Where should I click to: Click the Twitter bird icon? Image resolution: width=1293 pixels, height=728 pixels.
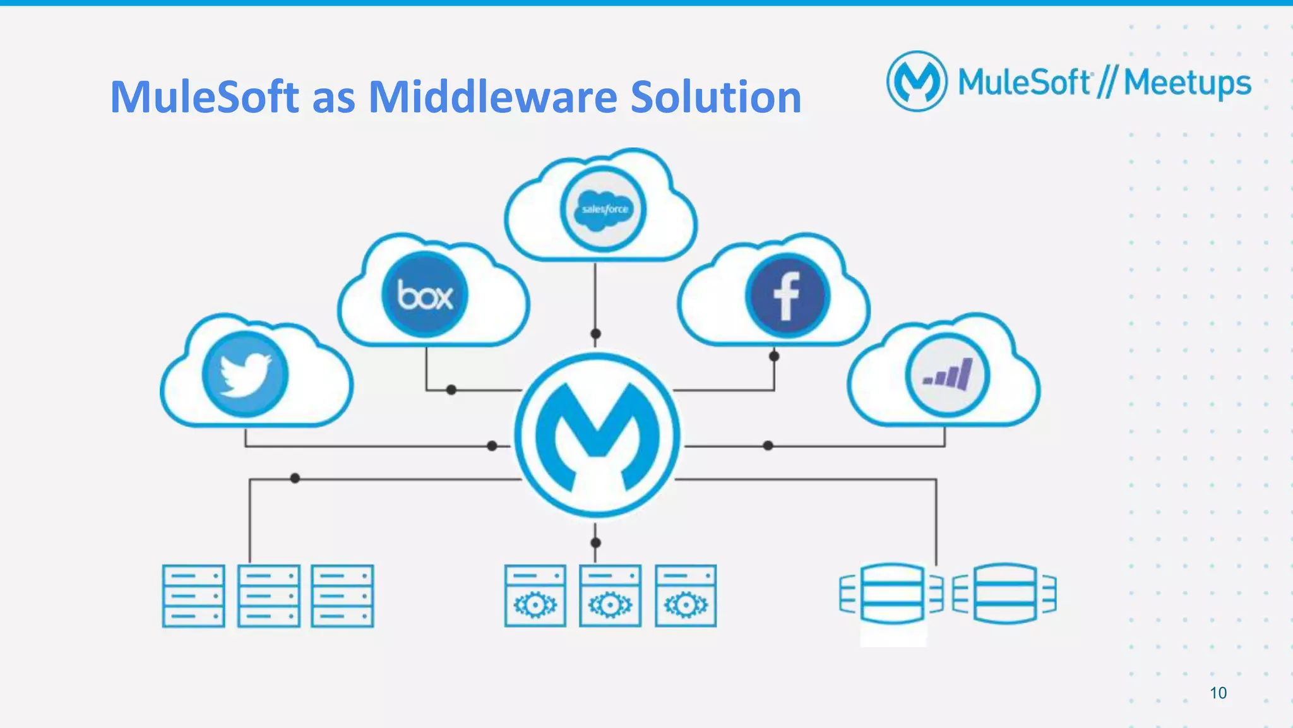pos(245,374)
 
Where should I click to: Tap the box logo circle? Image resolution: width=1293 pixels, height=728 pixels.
pos(424,294)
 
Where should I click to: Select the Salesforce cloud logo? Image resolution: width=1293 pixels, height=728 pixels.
pos(603,209)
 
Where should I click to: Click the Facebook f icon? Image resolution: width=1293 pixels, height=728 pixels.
pos(787,295)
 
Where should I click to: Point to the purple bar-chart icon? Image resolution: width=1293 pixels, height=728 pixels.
pos(947,375)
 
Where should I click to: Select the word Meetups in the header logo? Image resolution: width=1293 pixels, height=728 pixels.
pos(1187,83)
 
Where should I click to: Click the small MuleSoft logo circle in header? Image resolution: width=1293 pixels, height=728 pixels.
pos(917,81)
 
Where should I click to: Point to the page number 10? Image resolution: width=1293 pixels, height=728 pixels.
pos(1218,693)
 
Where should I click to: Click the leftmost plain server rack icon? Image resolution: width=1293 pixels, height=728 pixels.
pos(193,595)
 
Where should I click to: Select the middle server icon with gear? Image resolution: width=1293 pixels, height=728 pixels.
pos(610,595)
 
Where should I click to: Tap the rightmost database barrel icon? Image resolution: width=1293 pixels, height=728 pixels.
pos(1004,593)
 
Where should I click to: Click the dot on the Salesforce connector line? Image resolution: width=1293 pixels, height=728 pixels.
pos(595,333)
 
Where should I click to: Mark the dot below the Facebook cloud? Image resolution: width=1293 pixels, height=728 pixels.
pos(774,356)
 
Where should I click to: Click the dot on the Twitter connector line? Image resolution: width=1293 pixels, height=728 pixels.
pos(492,446)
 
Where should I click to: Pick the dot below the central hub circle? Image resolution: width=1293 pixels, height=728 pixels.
pos(595,542)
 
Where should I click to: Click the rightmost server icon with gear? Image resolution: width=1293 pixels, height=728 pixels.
pos(685,595)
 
